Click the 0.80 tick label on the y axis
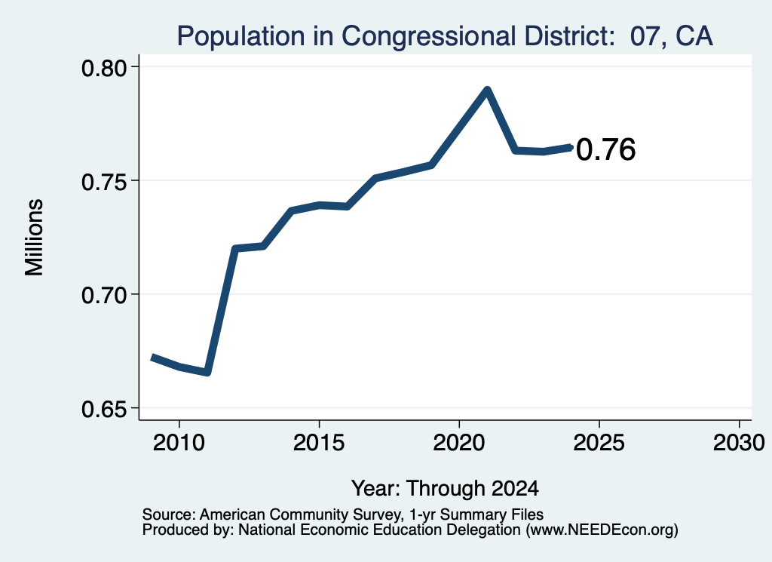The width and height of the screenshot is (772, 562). pos(103,68)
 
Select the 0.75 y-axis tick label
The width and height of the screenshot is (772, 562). pos(103,182)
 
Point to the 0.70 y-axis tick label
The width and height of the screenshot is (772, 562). pos(103,296)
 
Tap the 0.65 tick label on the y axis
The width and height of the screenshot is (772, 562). pos(103,410)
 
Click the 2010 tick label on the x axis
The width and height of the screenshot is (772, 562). pos(179,443)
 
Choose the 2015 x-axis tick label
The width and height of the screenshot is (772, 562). pos(319,443)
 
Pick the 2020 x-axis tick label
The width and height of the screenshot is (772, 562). pos(459,443)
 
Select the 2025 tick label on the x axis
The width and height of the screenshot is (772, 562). pos(599,443)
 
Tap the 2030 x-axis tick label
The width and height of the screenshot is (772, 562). pos(739,443)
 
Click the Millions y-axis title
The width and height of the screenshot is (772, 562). pos(34,238)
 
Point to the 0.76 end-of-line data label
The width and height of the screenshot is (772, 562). pos(605,149)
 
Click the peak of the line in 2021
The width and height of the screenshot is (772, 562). pos(488,91)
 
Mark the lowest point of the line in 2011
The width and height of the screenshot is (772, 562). pos(207,373)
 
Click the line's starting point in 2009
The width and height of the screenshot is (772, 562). pos(152,357)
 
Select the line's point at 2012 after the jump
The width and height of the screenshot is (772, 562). pos(235,248)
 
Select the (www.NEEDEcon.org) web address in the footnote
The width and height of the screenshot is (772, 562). pos(602,530)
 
